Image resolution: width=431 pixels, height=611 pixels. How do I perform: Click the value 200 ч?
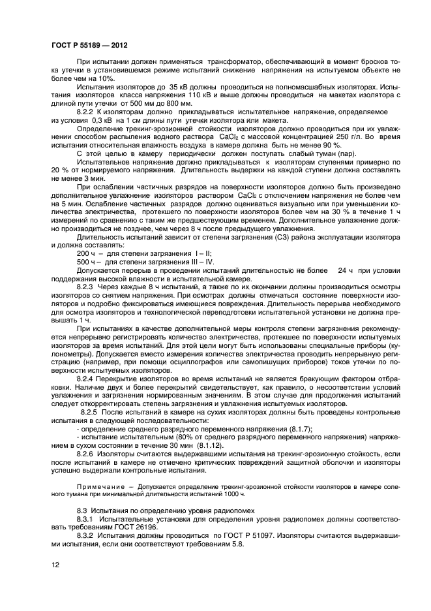[x=86, y=253]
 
